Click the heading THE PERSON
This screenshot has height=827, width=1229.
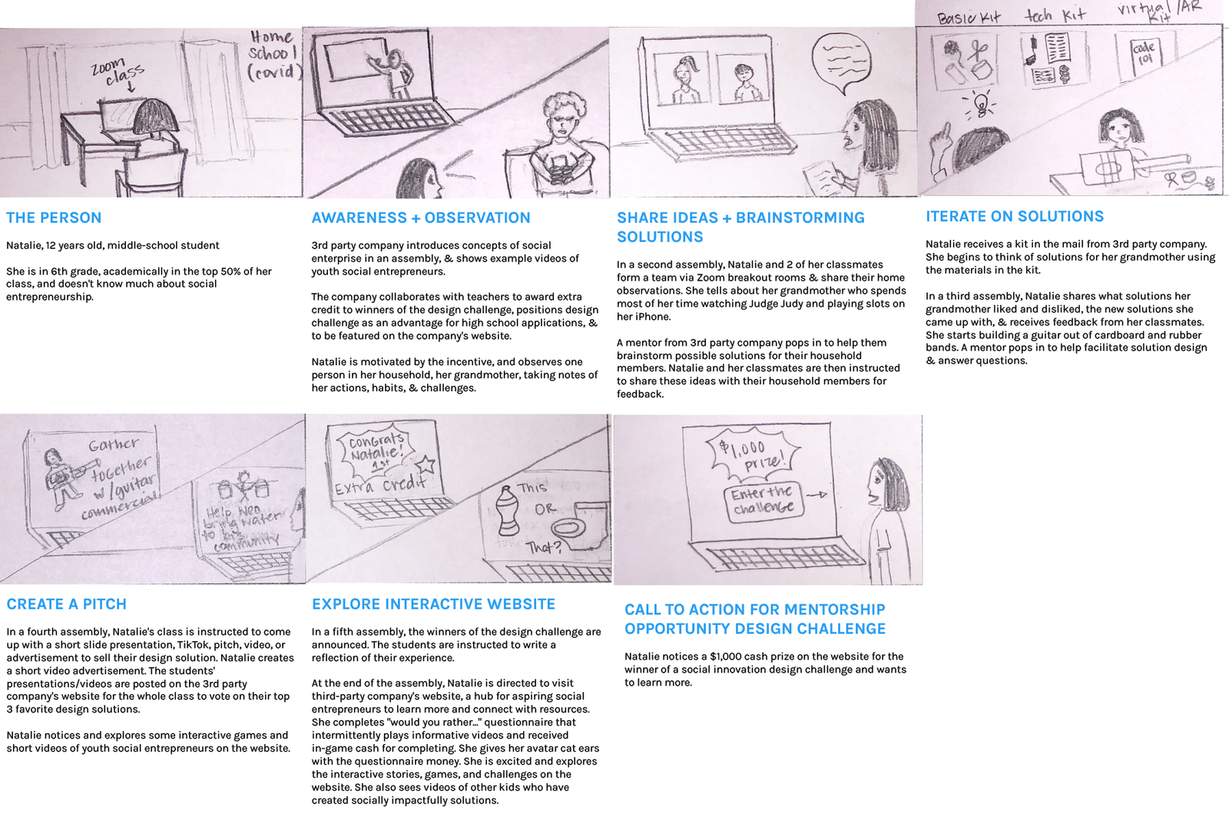click(x=54, y=218)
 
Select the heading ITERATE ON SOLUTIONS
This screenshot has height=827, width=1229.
click(x=1015, y=217)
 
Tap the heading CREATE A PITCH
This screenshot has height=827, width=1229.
click(x=67, y=604)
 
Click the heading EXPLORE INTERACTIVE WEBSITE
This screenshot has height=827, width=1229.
click(x=433, y=604)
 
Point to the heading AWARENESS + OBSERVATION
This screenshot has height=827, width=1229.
click(x=421, y=218)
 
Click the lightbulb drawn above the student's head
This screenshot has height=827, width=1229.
click(x=982, y=103)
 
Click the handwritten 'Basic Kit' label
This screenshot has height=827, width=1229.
click(x=969, y=17)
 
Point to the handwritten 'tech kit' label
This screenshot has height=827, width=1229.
click(x=1055, y=15)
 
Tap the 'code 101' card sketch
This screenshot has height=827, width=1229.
click(x=1143, y=53)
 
